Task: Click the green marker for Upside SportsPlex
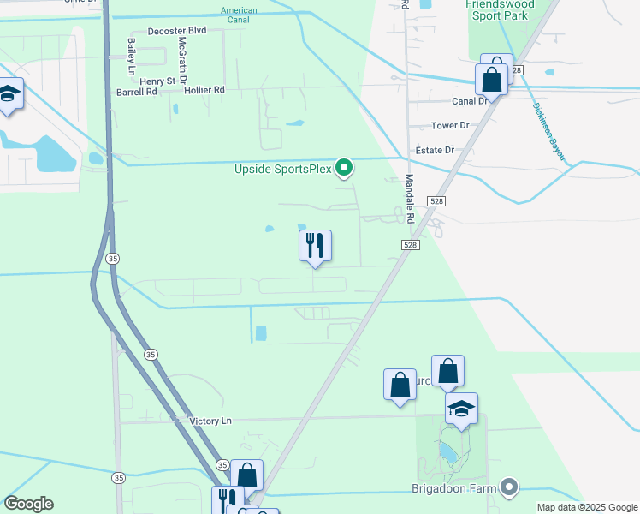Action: click(x=344, y=168)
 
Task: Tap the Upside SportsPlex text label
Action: click(x=282, y=169)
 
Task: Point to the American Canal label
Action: click(x=239, y=15)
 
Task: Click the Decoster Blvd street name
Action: click(x=177, y=30)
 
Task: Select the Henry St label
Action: click(x=158, y=81)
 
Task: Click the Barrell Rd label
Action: click(x=137, y=91)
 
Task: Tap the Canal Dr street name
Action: click(x=470, y=100)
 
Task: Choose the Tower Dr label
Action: click(x=450, y=125)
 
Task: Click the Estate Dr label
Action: click(x=435, y=150)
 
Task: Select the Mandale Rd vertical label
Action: click(x=410, y=199)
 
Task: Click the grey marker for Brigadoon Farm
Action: click(x=509, y=487)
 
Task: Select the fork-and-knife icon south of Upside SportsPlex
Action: click(x=315, y=246)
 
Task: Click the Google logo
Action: click(x=28, y=504)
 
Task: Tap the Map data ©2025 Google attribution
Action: click(x=586, y=507)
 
